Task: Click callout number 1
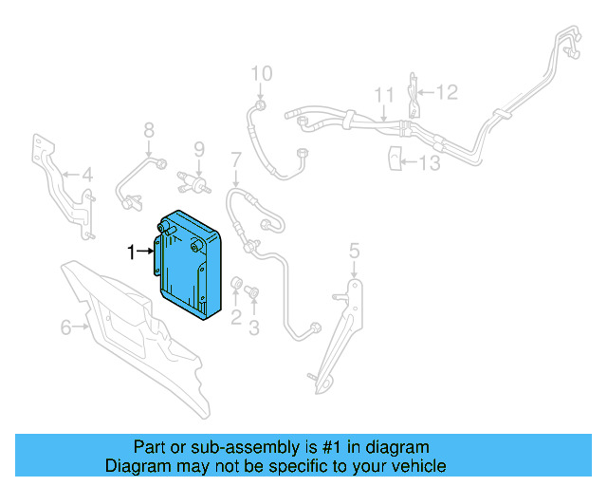133,252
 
